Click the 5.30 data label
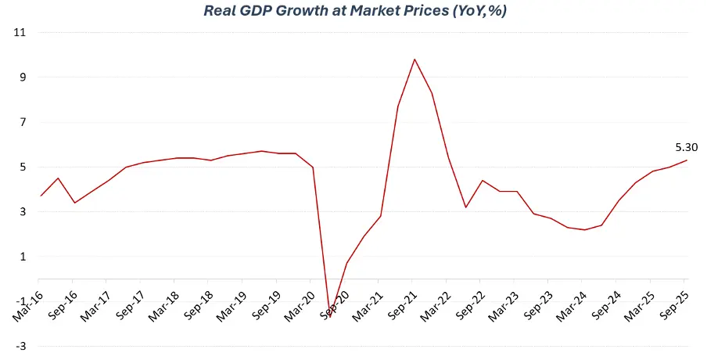[x=686, y=146]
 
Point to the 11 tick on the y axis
[x=20, y=33]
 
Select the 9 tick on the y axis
[x=22, y=77]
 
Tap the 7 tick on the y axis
[x=22, y=122]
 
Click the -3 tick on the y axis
[x=20, y=346]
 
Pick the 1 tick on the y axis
[x=22, y=257]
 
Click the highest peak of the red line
[x=415, y=59]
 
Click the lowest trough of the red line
[x=329, y=317]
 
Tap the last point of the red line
[x=687, y=160]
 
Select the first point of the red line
[x=41, y=196]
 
